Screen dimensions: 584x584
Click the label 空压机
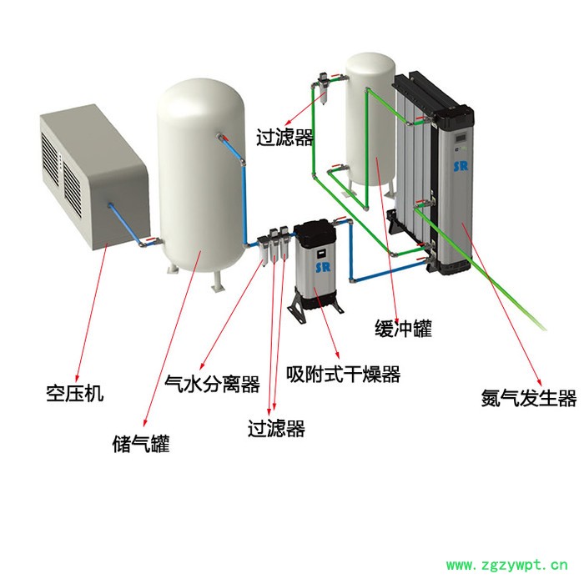75,393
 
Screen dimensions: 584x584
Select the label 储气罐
142,444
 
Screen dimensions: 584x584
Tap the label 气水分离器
213,385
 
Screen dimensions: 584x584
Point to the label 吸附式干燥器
343,374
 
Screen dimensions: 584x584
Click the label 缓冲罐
403,329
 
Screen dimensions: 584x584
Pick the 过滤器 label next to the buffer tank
285,135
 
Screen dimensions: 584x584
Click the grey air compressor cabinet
92,179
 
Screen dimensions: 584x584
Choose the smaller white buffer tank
371,117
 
